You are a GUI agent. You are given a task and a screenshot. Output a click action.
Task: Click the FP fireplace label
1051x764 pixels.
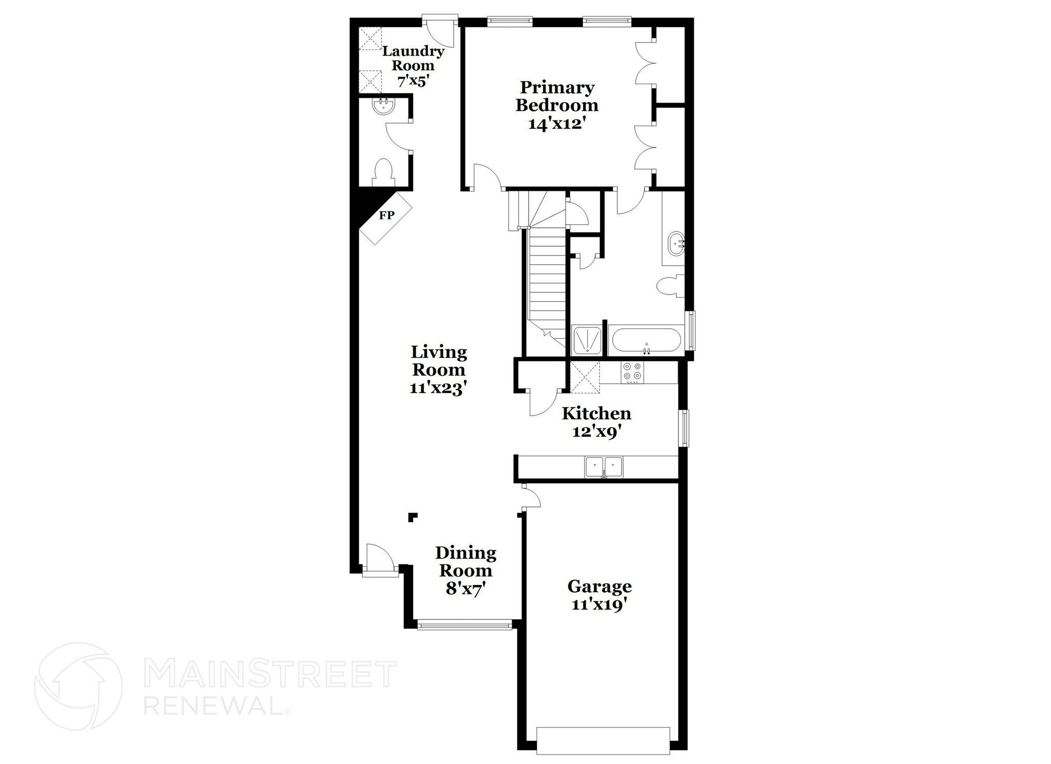click(x=386, y=216)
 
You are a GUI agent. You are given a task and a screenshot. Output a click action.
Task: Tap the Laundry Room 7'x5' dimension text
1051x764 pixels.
click(x=412, y=81)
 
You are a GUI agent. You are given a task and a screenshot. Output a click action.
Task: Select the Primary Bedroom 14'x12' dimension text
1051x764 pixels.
click(x=557, y=124)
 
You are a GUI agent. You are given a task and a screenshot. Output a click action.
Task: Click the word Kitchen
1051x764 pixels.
click(x=596, y=414)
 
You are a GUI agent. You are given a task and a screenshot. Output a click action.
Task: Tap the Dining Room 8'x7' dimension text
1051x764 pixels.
click(x=466, y=588)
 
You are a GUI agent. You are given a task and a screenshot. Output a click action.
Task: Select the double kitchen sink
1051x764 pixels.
click(x=604, y=467)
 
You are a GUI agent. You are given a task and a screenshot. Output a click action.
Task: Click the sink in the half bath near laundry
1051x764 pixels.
click(x=382, y=107)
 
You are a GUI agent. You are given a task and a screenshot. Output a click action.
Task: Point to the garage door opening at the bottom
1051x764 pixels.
click(x=602, y=740)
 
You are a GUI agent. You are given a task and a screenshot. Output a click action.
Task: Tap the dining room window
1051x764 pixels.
click(x=465, y=625)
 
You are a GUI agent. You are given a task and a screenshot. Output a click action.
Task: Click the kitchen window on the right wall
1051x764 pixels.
click(x=684, y=427)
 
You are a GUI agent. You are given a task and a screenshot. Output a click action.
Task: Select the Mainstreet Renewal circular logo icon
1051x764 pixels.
click(x=79, y=687)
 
